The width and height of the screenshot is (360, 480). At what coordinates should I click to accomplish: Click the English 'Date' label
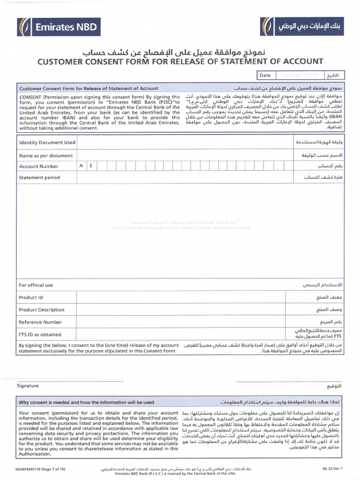(265, 75)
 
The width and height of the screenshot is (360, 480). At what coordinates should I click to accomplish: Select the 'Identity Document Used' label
(47, 142)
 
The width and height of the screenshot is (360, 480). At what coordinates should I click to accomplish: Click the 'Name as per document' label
(45, 155)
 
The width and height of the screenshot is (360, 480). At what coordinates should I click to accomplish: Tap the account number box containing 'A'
(81, 166)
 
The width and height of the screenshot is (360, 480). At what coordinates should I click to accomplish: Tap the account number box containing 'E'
(91, 166)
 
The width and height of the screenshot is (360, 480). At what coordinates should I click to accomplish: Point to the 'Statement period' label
(39, 178)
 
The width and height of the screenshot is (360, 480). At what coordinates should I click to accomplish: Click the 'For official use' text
(36, 285)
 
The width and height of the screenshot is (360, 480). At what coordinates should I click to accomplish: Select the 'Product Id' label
(30, 297)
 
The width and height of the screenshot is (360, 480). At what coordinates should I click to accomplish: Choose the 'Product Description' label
(41, 310)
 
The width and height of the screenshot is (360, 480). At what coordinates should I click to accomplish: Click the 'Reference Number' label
(40, 322)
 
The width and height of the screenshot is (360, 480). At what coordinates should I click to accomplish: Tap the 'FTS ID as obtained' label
(40, 335)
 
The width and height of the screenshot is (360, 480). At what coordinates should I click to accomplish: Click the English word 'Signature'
(28, 386)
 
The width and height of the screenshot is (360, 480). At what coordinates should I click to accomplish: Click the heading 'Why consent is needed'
(87, 402)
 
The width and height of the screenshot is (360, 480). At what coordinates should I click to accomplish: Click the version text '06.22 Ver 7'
(332, 468)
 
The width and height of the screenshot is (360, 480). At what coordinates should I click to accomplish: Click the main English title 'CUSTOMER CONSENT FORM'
(180, 61)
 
